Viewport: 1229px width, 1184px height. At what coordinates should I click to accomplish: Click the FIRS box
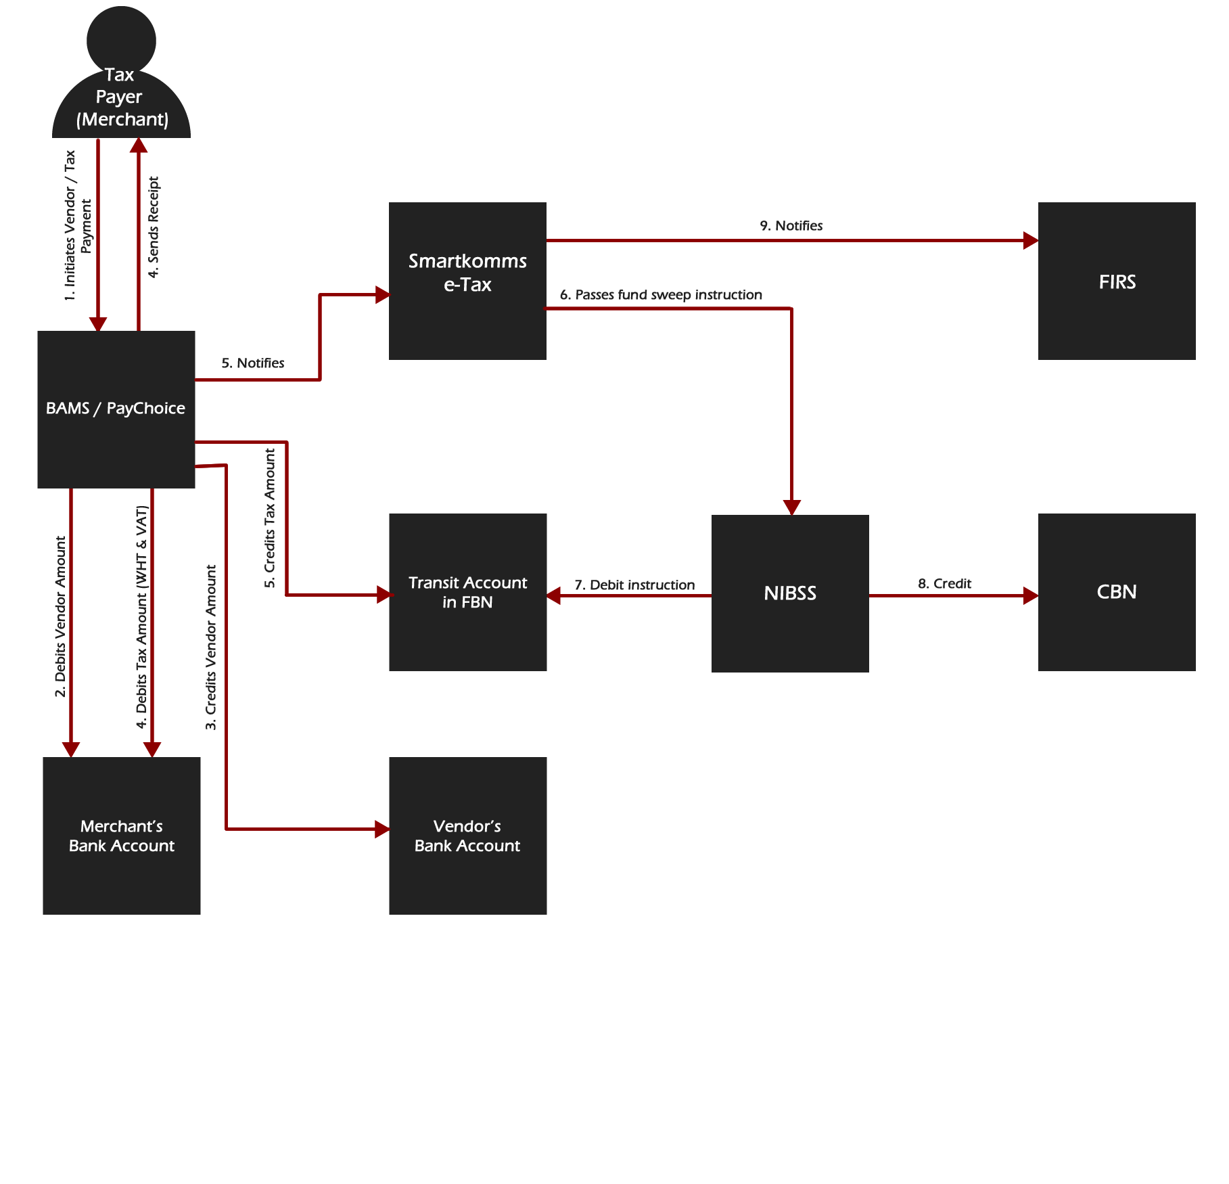click(x=1116, y=281)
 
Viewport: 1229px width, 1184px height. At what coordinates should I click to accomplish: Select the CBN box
click(x=1116, y=592)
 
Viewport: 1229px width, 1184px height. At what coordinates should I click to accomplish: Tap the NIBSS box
click(x=789, y=593)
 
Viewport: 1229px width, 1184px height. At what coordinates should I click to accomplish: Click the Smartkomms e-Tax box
click(x=467, y=281)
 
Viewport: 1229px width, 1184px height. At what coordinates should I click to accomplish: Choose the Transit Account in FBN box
click(x=467, y=592)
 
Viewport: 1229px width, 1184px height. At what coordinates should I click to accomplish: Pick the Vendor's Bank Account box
click(x=467, y=836)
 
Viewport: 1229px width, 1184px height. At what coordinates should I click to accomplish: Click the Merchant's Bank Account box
click(x=122, y=836)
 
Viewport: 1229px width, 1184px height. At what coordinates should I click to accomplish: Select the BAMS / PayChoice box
click(x=116, y=409)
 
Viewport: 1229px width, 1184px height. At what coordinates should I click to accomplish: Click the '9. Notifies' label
click(x=791, y=226)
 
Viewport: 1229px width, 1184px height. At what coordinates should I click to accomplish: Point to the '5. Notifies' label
click(x=253, y=363)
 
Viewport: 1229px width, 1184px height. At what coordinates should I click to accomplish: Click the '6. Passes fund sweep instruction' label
click(x=669, y=295)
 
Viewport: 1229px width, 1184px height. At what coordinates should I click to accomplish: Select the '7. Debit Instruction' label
click(x=634, y=585)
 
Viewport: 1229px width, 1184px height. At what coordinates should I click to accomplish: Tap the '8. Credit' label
click(x=944, y=583)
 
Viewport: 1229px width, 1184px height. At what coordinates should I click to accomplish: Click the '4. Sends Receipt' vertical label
click(x=154, y=227)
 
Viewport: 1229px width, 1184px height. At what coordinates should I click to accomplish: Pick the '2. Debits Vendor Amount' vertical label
click(x=60, y=616)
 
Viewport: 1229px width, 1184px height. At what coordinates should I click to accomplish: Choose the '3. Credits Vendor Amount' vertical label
click(x=211, y=647)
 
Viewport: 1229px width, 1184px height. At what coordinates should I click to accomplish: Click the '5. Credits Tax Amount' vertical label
click(x=270, y=518)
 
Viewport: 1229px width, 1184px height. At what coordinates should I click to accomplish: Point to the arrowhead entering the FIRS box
click(x=1031, y=240)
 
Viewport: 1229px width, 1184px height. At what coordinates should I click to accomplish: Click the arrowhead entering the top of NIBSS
click(x=791, y=507)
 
